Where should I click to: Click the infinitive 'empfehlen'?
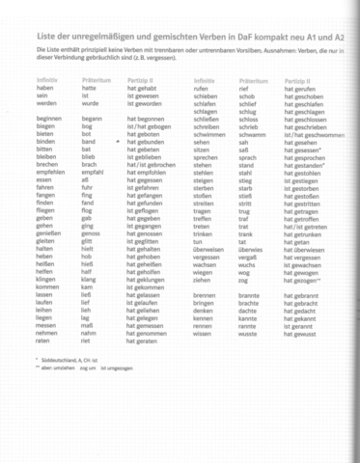coord(51,172)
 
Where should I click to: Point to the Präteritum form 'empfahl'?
coord(93,172)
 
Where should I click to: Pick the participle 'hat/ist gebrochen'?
coord(152,164)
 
